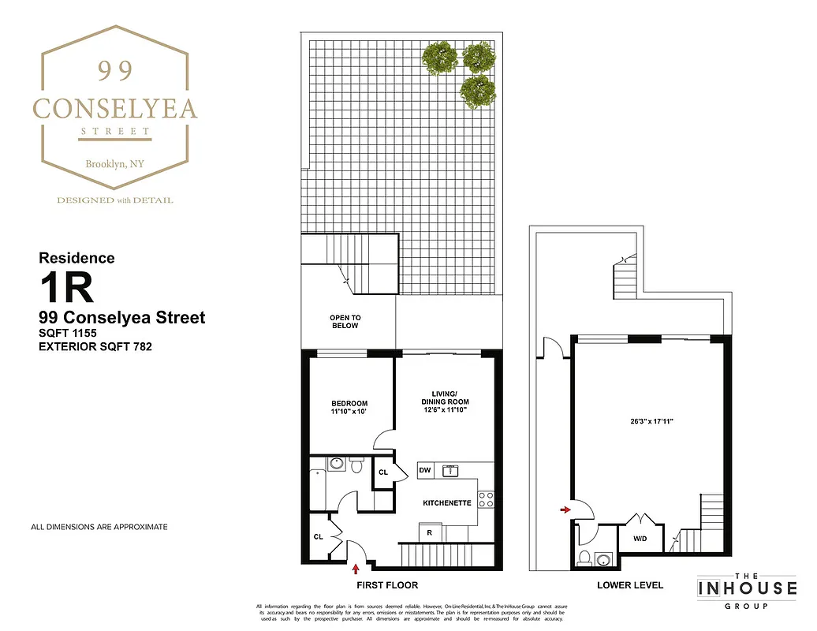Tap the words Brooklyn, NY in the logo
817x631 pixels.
click(x=114, y=164)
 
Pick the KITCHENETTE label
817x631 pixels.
click(x=447, y=502)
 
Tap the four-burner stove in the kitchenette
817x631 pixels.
click(x=486, y=498)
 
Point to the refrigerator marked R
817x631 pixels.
click(x=429, y=533)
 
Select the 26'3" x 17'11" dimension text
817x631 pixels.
click(x=646, y=422)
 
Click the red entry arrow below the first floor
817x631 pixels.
click(x=356, y=568)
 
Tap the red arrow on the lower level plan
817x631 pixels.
click(x=565, y=510)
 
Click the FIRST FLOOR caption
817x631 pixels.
click(x=387, y=585)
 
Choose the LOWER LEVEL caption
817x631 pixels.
click(x=630, y=585)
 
